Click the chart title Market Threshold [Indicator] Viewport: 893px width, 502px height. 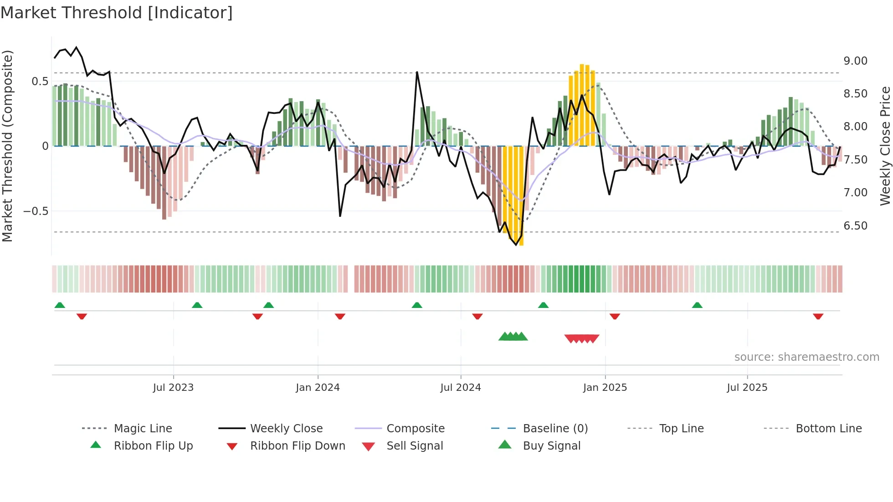pyautogui.click(x=117, y=13)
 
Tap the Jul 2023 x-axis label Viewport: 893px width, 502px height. pyautogui.click(x=173, y=388)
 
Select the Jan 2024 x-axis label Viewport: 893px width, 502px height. pyautogui.click(x=318, y=388)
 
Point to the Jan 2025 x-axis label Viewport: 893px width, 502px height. pyautogui.click(x=605, y=388)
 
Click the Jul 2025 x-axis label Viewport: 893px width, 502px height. pyautogui.click(x=747, y=388)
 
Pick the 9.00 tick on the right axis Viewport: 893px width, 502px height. pyautogui.click(x=855, y=61)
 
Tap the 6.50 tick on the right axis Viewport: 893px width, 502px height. pyautogui.click(x=855, y=226)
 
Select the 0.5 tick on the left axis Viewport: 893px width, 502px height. pyautogui.click(x=40, y=82)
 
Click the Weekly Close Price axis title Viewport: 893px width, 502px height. pyautogui.click(x=885, y=146)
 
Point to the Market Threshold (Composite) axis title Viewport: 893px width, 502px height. pyautogui.click(x=7, y=146)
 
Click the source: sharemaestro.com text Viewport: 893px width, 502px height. pyautogui.click(x=806, y=357)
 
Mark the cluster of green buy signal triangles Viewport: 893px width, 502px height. pyautogui.click(x=513, y=337)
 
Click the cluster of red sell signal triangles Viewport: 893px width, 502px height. pyautogui.click(x=581, y=338)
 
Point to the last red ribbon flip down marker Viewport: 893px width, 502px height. pyautogui.click(x=818, y=316)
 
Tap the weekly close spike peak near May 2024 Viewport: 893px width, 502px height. pyautogui.click(x=417, y=72)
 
